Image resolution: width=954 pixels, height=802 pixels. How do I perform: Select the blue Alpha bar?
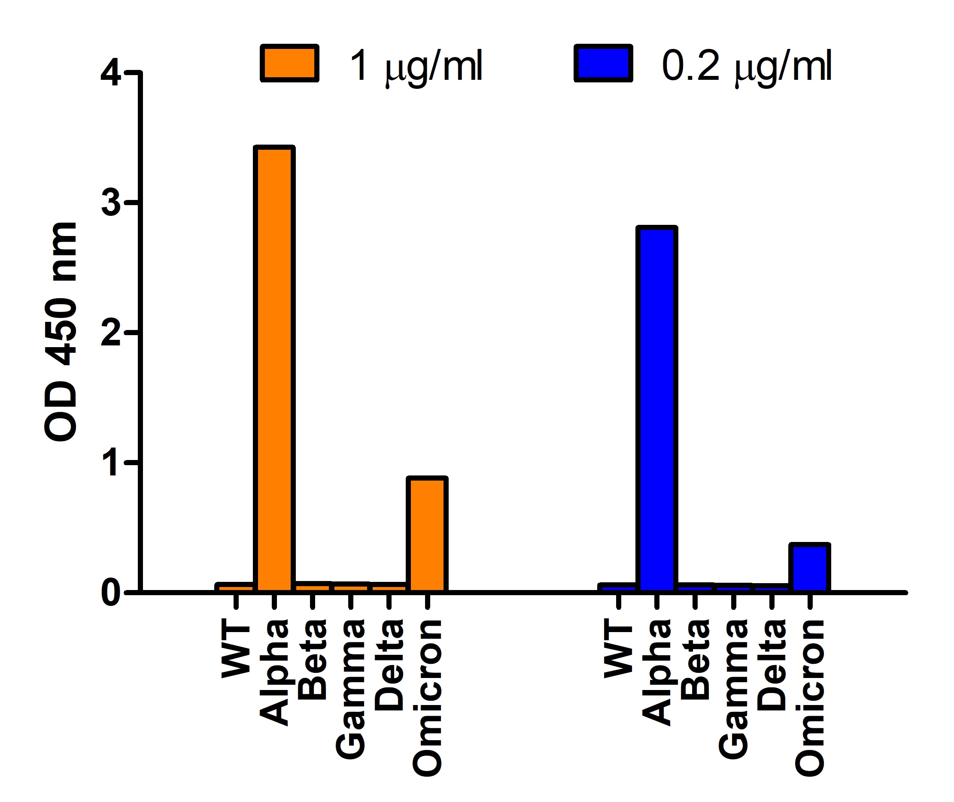coord(656,409)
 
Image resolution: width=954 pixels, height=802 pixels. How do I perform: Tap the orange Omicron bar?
coord(427,535)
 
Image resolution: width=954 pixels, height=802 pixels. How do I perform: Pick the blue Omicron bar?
coord(809,568)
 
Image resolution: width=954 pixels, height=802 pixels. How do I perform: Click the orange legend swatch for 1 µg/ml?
coord(289,63)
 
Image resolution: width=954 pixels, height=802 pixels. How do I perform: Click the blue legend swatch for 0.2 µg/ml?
coord(603,63)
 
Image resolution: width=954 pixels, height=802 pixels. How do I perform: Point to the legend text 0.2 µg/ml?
coord(746,66)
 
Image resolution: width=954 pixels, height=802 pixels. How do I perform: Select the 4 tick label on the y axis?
coord(110,73)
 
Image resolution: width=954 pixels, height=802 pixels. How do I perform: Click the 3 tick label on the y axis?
coord(110,203)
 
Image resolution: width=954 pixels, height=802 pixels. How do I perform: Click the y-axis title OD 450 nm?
coord(61,332)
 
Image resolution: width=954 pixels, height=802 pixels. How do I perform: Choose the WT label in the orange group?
coord(236,651)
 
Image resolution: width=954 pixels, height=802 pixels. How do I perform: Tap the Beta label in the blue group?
coord(695,659)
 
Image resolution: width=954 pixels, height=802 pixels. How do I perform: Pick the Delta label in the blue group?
coord(771,666)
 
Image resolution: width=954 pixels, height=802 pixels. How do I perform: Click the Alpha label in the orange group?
coord(274,673)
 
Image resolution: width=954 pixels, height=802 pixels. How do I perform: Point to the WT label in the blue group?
coord(618,651)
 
